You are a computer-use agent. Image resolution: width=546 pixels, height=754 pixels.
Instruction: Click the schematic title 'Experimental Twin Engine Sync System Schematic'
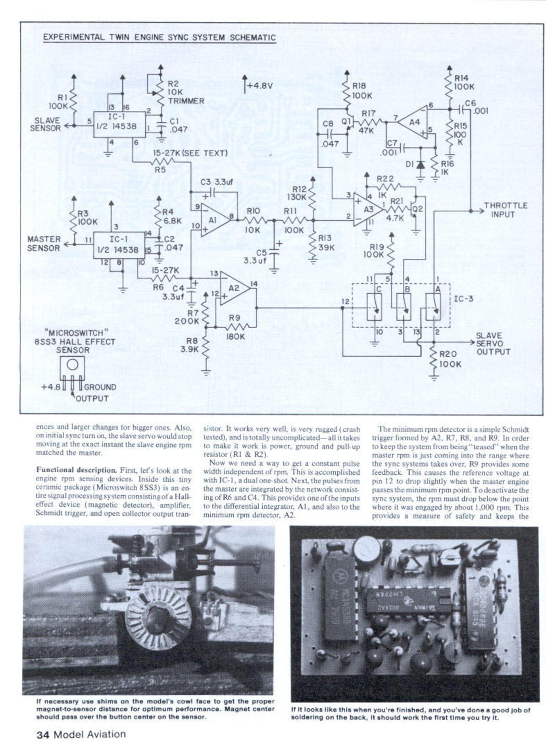coord(159,37)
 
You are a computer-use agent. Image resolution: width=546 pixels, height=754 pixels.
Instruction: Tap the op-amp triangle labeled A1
coord(214,220)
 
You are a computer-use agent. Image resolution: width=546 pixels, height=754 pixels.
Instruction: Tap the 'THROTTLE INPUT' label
coord(505,210)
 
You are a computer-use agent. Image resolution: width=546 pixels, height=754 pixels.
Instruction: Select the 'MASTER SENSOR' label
coord(44,244)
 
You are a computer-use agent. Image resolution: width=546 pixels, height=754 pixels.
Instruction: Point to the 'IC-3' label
coord(463,299)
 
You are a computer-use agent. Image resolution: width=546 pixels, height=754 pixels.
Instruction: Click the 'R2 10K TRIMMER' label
coord(185,92)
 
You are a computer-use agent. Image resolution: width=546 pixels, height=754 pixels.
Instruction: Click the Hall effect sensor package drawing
coord(72,371)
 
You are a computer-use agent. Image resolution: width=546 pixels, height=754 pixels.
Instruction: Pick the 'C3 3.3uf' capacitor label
coord(217,182)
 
